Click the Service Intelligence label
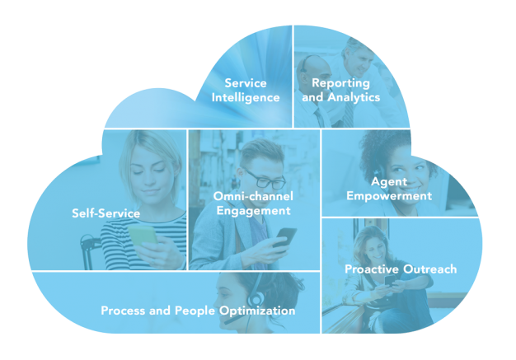[x=246, y=91]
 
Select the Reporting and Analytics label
[x=341, y=90]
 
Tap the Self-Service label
[x=106, y=213]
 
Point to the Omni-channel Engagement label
[x=253, y=203]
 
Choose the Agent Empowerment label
[x=389, y=189]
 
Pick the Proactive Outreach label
[x=401, y=269]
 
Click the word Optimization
[x=257, y=311]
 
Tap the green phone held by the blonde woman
[x=143, y=235]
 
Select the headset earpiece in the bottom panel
[x=256, y=298]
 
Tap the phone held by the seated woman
[x=389, y=281]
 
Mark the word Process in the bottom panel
[x=123, y=311]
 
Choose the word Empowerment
[x=389, y=196]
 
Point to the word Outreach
[x=430, y=269]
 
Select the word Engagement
[x=253, y=211]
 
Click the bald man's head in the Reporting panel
[x=314, y=73]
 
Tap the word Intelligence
[x=246, y=98]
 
